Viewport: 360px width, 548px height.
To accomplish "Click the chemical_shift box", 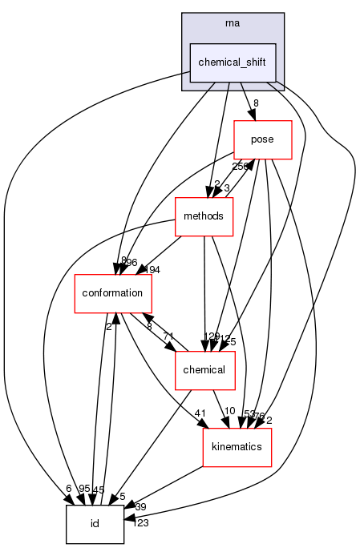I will (x=233, y=62).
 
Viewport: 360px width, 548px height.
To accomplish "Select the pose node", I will (x=262, y=139).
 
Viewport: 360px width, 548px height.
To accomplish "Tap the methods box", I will (x=204, y=216).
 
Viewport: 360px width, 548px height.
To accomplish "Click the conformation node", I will (x=103, y=293).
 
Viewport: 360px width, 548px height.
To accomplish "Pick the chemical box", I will (x=204, y=370).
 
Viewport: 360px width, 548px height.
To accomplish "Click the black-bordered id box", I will (x=94, y=524).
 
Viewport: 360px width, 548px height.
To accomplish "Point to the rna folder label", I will (x=233, y=22).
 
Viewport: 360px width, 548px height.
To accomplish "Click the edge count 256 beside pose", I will (x=240, y=166).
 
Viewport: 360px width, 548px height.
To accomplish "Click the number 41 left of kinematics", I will (x=200, y=413).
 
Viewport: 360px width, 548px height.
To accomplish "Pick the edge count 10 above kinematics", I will (x=229, y=411).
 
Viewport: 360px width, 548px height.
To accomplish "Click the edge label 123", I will (x=141, y=523).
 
